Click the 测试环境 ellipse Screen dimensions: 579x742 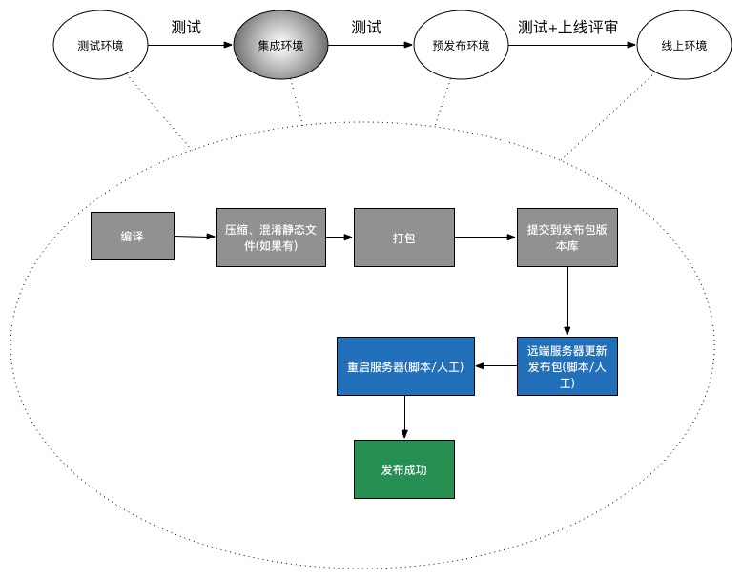[100, 46]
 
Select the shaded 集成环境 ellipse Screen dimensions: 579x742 [280, 46]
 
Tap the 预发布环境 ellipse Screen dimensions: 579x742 [461, 46]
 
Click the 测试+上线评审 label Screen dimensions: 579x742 [567, 27]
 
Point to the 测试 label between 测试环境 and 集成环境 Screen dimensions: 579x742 [186, 27]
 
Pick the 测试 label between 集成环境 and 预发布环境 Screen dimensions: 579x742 [366, 27]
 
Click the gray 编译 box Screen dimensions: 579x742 [133, 237]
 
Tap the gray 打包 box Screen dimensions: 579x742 [403, 237]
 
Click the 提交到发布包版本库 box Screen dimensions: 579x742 [567, 237]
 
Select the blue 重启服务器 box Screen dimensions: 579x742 [405, 366]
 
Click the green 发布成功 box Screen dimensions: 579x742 [404, 469]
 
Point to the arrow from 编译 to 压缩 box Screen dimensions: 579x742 [196, 237]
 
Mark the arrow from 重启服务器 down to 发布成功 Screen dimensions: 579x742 [405, 417]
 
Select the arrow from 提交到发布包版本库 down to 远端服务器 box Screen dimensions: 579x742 [567, 300]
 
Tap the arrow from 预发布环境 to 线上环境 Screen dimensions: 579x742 [572, 46]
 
